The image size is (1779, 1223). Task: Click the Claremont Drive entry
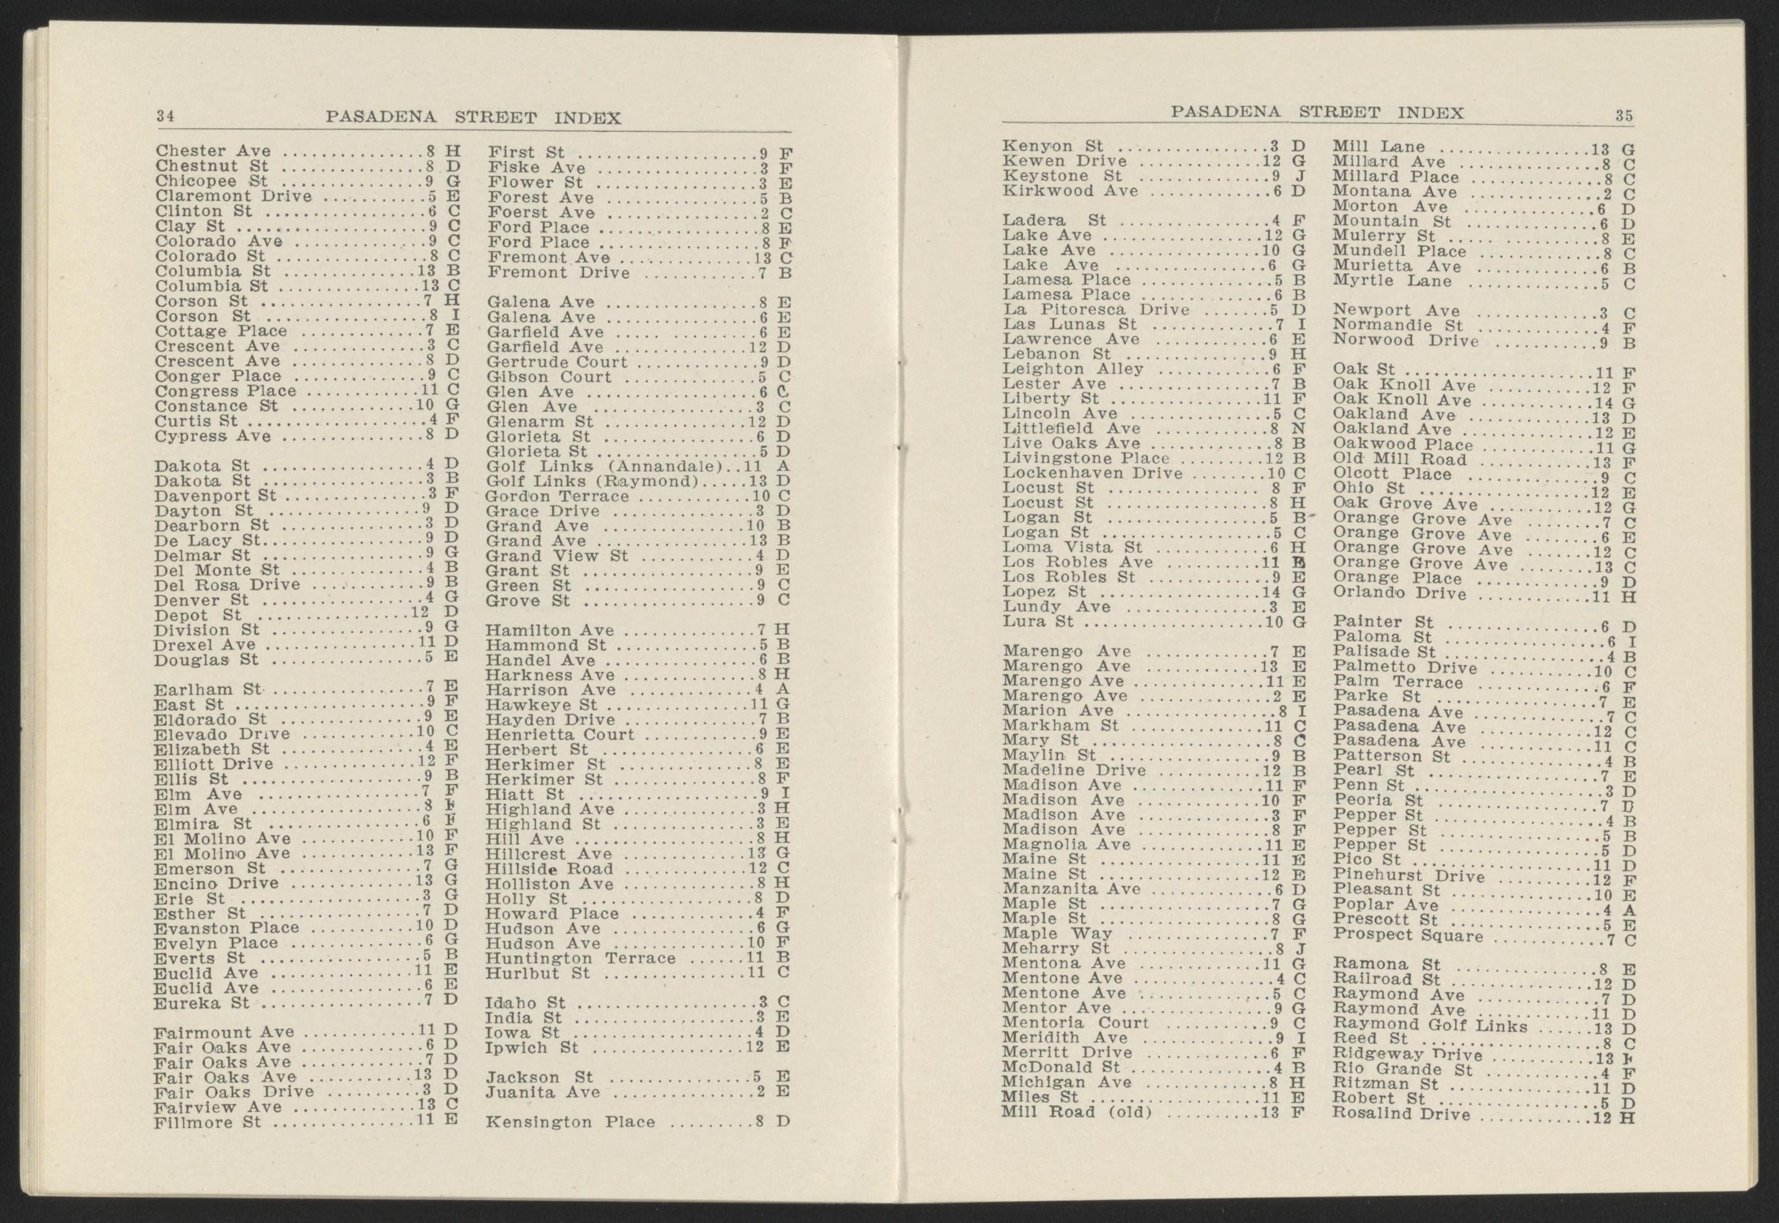[x=234, y=196]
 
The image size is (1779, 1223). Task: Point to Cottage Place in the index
[x=221, y=331]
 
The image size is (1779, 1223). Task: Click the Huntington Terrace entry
[x=581, y=958]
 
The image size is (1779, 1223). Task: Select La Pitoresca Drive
[x=1096, y=309]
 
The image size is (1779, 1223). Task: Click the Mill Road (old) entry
[x=1077, y=1112]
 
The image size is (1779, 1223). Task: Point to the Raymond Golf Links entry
[x=1430, y=1025]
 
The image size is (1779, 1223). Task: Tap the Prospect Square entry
[x=1408, y=935]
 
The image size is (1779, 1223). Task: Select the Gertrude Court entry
[x=557, y=362]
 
